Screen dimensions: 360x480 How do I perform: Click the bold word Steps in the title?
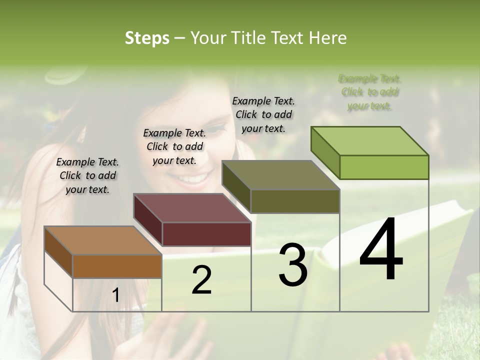(147, 38)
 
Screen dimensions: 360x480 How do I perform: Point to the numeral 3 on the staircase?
(293, 265)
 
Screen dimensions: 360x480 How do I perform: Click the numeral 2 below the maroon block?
(202, 280)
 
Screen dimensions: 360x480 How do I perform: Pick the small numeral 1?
(115, 295)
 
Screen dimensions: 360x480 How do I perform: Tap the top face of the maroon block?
(192, 208)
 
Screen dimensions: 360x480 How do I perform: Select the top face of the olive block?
(280, 175)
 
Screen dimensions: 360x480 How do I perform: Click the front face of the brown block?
(117, 266)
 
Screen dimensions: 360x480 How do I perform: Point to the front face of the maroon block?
(206, 234)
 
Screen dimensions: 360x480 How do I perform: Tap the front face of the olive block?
(295, 201)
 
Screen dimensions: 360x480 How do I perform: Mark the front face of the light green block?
(384, 167)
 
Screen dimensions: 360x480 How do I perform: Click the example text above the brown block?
(87, 175)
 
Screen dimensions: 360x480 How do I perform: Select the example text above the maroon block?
(174, 146)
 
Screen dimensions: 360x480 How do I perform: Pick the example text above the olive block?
(263, 114)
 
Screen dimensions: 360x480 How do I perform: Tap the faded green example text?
(370, 92)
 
